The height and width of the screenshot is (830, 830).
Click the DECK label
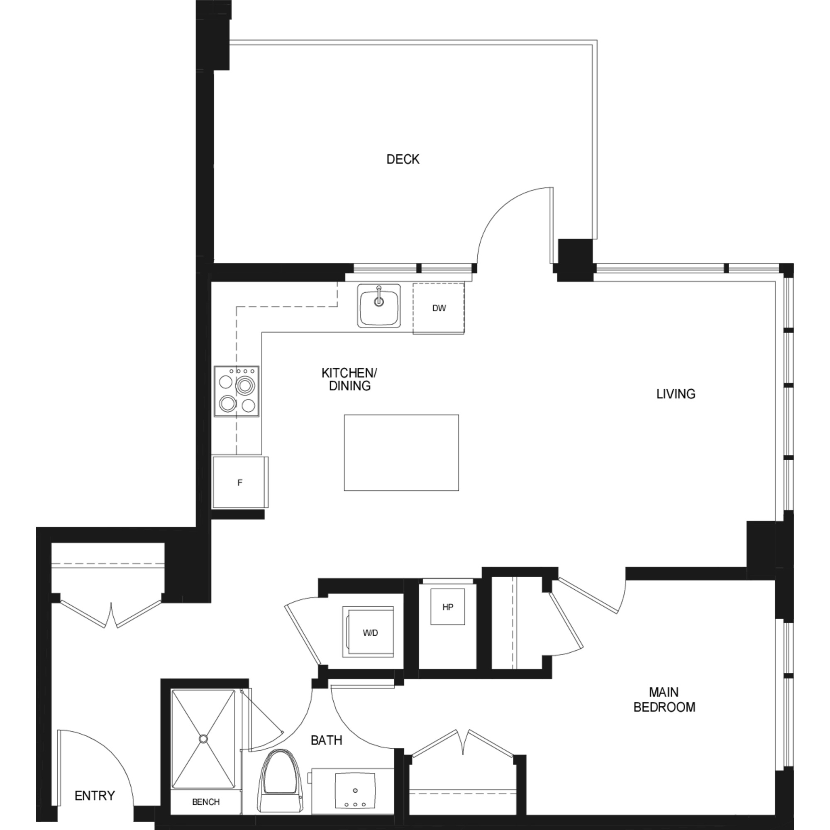coord(403,159)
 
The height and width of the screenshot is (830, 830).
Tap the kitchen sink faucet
coord(379,296)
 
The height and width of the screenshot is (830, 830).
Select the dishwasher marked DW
coord(439,308)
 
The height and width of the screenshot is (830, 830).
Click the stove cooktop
coord(237,391)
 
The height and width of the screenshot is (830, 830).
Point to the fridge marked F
coord(240,483)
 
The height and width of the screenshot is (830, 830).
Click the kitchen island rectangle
coord(401,452)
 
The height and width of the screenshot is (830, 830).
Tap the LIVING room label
coord(676,394)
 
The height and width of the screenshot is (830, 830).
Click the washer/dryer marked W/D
coord(368,632)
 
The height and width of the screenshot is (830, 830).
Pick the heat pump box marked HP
coord(448,607)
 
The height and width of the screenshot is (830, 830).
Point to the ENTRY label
coord(95,796)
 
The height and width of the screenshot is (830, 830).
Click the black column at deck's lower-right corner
coord(575,259)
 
